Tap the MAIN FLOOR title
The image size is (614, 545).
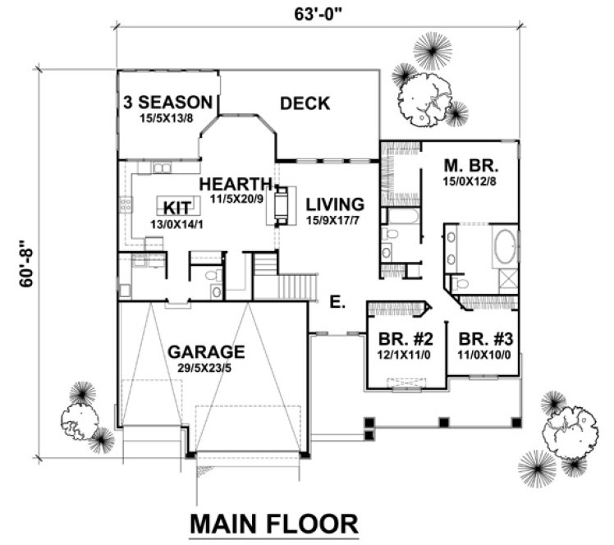(x=274, y=523)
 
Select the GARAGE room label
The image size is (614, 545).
(x=207, y=352)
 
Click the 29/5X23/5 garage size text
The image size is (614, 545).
(x=207, y=368)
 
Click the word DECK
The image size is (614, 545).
(x=305, y=103)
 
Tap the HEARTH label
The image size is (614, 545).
(x=236, y=182)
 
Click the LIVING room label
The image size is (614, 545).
(x=335, y=204)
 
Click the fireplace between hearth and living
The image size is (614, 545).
(x=282, y=204)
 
